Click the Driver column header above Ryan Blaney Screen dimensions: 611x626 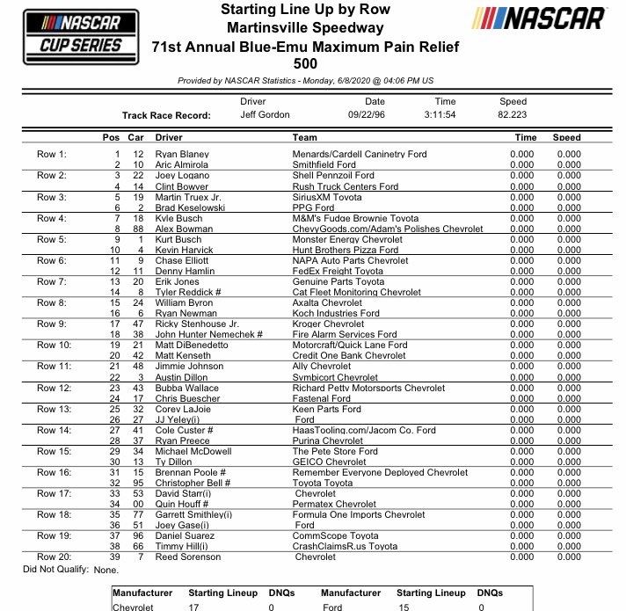(x=169, y=138)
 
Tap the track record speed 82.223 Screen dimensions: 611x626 (x=513, y=115)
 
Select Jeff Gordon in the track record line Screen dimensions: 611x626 (x=265, y=115)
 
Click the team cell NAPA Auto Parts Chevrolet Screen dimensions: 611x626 (x=351, y=260)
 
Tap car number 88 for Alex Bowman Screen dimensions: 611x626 (x=136, y=229)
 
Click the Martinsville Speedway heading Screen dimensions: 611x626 (x=312, y=27)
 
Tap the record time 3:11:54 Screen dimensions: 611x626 (x=445, y=115)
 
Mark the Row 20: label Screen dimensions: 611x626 (x=53, y=557)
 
